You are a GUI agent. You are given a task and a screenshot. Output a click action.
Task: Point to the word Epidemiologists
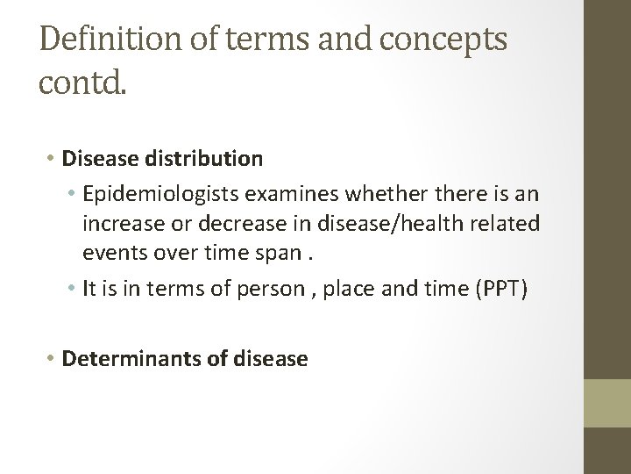[157, 192]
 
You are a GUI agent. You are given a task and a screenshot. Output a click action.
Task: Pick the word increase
[119, 224]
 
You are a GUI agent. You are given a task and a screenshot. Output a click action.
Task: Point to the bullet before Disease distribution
[53, 160]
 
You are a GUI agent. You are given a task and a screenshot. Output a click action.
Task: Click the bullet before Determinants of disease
[53, 359]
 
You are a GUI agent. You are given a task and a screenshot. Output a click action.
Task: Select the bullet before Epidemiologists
[73, 193]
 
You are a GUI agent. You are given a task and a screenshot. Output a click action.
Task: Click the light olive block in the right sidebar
[607, 403]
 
